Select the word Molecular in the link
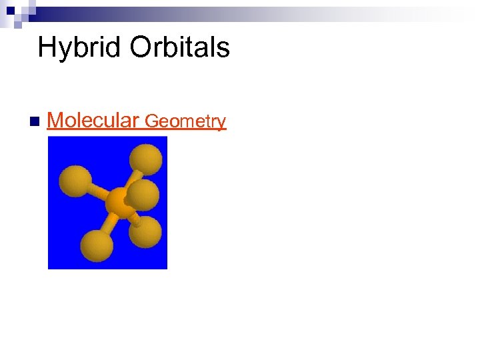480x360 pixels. [93, 121]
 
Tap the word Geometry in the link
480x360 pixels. [185, 121]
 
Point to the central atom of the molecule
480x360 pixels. [117, 201]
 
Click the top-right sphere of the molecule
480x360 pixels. [146, 160]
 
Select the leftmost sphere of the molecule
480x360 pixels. [75, 181]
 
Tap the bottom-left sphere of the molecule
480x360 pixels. [97, 245]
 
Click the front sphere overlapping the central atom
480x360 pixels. [143, 195]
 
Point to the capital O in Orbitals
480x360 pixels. [142, 48]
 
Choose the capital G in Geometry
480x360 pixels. [152, 121]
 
